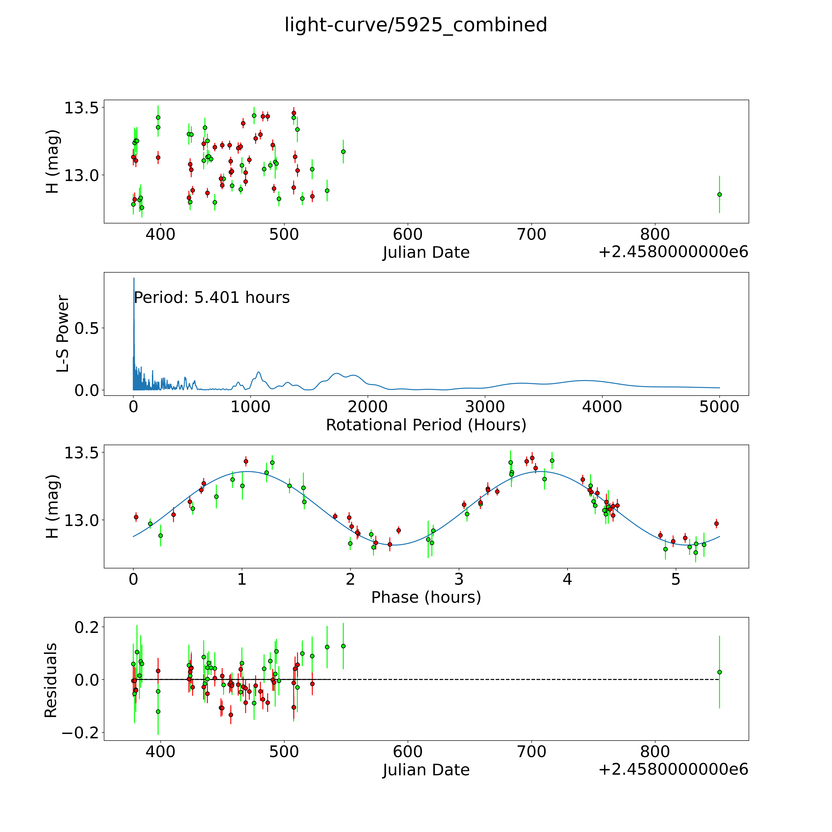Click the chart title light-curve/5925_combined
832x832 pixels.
click(x=416, y=25)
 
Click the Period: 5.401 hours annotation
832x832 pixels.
click(x=211, y=298)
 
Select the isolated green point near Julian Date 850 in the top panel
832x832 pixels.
click(x=719, y=194)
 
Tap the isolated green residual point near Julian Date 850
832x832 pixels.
click(x=719, y=672)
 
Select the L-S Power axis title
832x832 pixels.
click(x=63, y=334)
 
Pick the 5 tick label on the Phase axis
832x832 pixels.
click(x=676, y=579)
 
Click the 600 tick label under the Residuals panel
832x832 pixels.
click(x=407, y=752)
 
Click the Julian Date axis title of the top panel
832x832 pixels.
click(x=426, y=252)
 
